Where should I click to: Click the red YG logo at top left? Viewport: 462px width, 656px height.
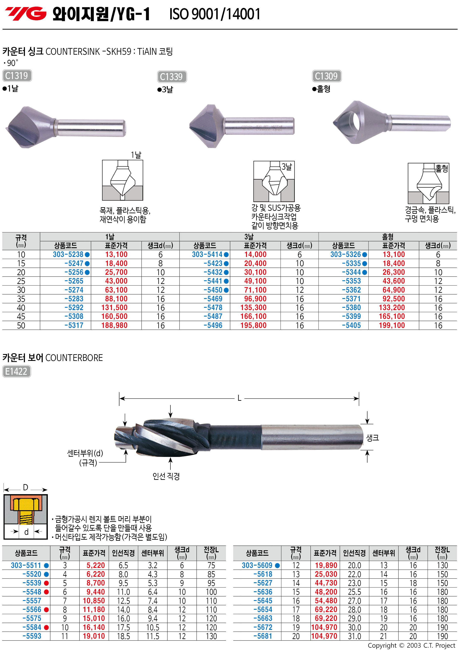pyautogui.click(x=26, y=14)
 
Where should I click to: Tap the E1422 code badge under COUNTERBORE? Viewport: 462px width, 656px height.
pyautogui.click(x=16, y=371)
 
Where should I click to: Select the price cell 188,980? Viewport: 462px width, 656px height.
pyautogui.click(x=114, y=326)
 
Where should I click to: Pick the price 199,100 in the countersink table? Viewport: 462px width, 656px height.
pyautogui.click(x=392, y=326)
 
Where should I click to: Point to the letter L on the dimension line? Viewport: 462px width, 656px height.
pyautogui.click(x=240, y=398)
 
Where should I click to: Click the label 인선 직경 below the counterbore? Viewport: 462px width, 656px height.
pyautogui.click(x=166, y=476)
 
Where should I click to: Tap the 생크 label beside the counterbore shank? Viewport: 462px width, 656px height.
pyautogui.click(x=373, y=438)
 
